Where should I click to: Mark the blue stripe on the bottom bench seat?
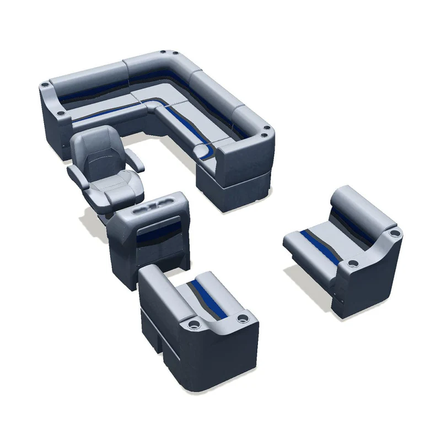pyautogui.click(x=206, y=298)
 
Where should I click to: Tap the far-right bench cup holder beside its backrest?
pyautogui.click(x=392, y=234)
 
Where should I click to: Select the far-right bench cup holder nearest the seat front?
pyautogui.click(x=352, y=262)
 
